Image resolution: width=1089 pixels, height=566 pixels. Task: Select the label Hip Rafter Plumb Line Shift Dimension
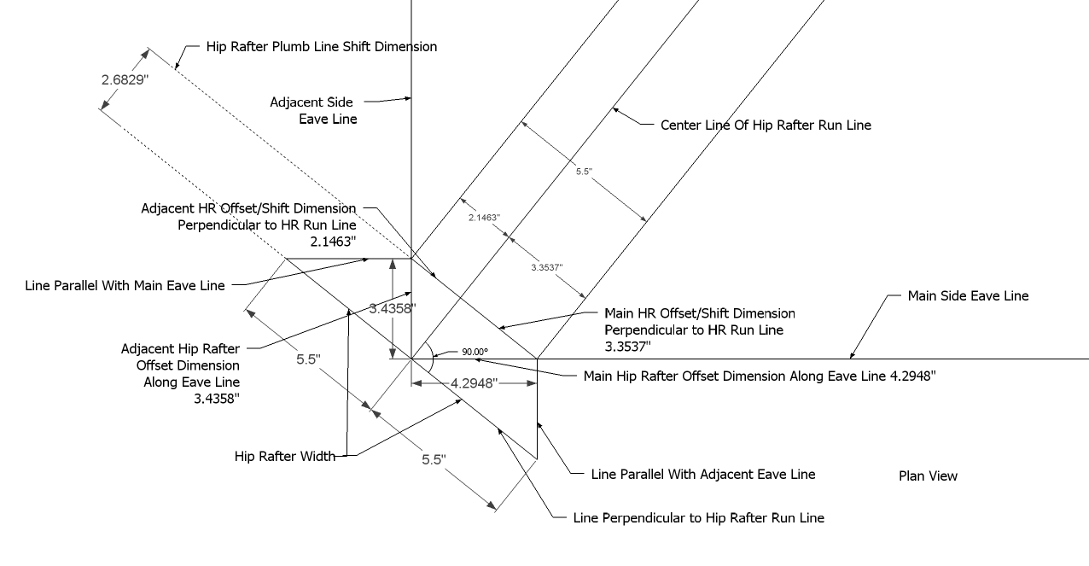click(322, 47)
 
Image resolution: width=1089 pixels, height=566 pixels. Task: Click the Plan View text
click(928, 476)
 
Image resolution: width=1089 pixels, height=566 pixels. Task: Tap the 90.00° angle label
click(475, 352)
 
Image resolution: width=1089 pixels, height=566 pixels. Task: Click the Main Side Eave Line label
click(968, 296)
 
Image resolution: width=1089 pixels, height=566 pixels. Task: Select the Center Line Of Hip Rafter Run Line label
click(766, 125)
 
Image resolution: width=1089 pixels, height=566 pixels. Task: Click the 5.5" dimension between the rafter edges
click(584, 171)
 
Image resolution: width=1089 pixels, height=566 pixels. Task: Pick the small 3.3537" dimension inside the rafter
click(545, 267)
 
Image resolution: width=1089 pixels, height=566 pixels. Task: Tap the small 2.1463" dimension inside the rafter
click(483, 219)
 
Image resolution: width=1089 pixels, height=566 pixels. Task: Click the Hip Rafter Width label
click(284, 457)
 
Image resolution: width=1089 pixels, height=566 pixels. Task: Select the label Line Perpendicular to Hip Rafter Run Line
click(699, 518)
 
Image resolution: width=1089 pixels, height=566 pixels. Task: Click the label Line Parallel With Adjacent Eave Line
click(702, 475)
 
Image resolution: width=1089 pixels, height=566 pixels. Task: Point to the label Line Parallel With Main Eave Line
click(125, 286)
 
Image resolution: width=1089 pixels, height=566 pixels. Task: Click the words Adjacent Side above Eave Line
click(312, 102)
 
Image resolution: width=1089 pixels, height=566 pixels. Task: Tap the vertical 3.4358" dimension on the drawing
click(392, 309)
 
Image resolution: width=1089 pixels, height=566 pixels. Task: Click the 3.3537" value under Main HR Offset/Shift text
click(628, 347)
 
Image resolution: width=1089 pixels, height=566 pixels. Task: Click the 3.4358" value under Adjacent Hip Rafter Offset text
click(217, 398)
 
